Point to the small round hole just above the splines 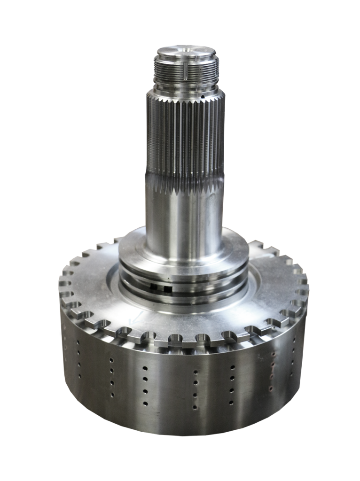point(203,98)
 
